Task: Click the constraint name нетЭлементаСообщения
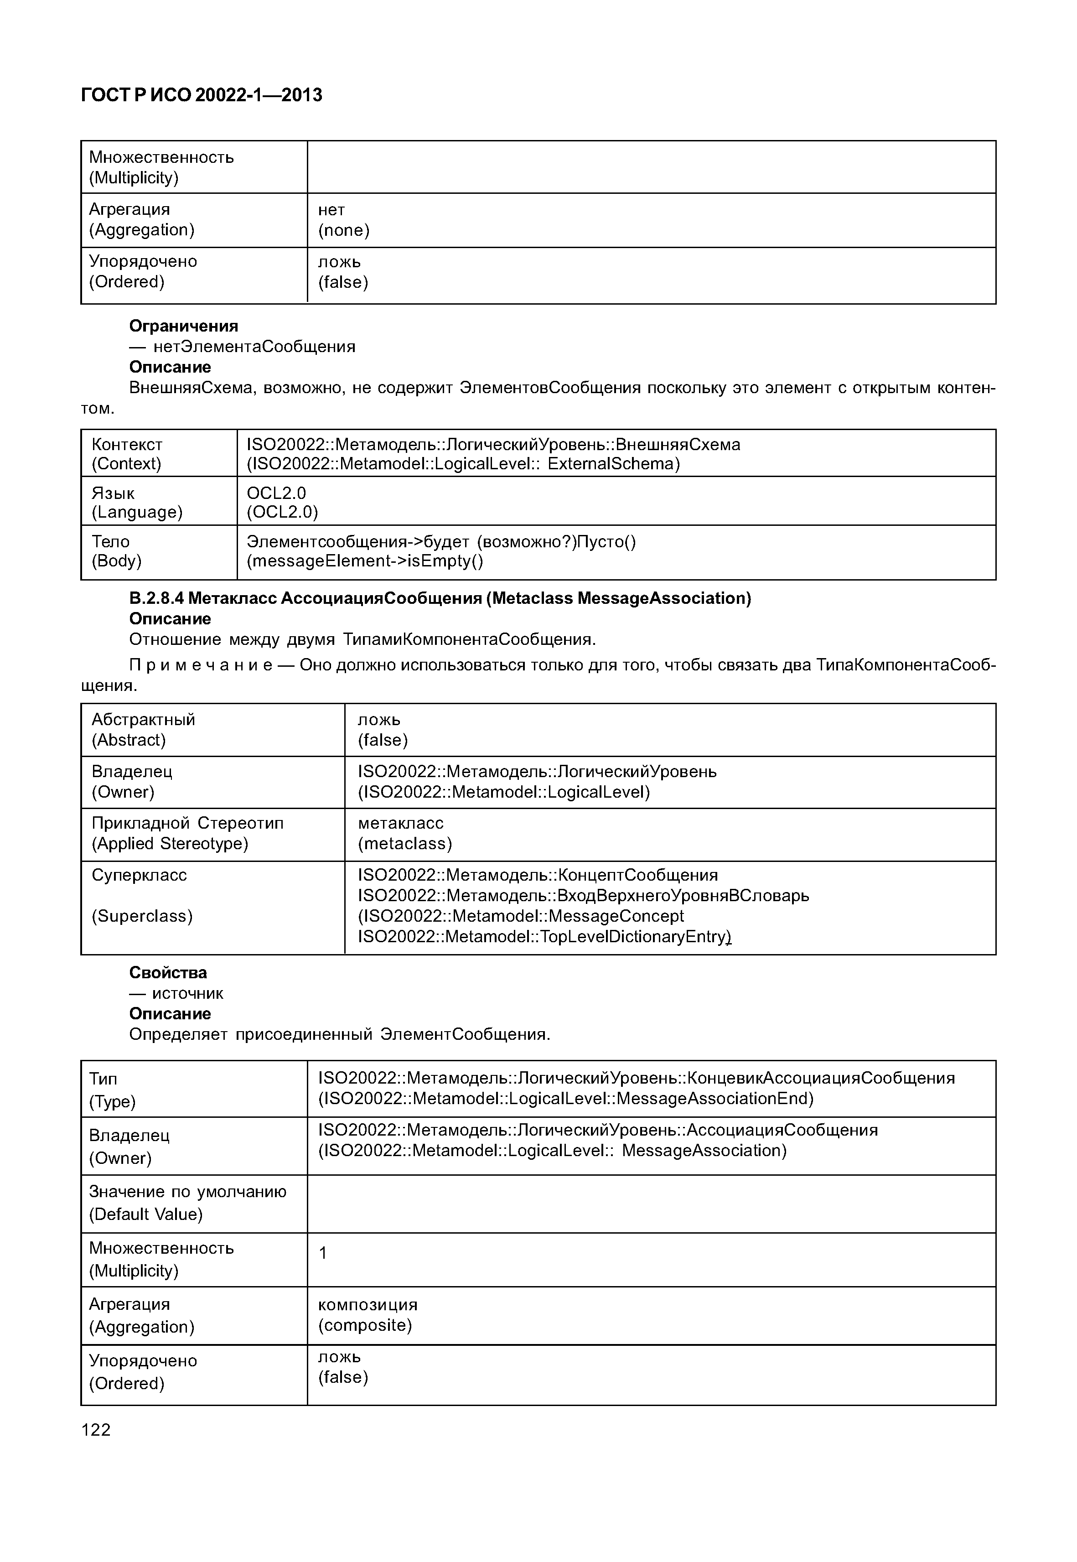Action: pyautogui.click(x=254, y=346)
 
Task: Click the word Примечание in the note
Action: pyautogui.click(x=201, y=665)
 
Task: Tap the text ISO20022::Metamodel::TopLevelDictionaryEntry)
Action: pyautogui.click(x=544, y=936)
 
